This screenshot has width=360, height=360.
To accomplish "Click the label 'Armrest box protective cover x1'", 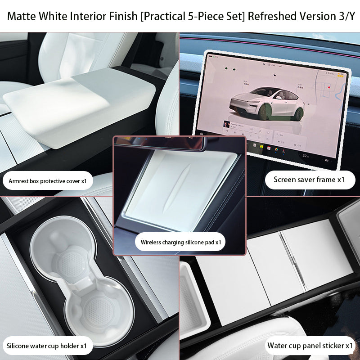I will (x=48, y=182).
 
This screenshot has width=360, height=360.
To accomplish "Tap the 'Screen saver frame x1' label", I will (x=309, y=180).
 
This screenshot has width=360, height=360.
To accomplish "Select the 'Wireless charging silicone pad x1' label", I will (x=180, y=242).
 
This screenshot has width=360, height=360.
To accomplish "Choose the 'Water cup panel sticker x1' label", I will (x=310, y=346).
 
